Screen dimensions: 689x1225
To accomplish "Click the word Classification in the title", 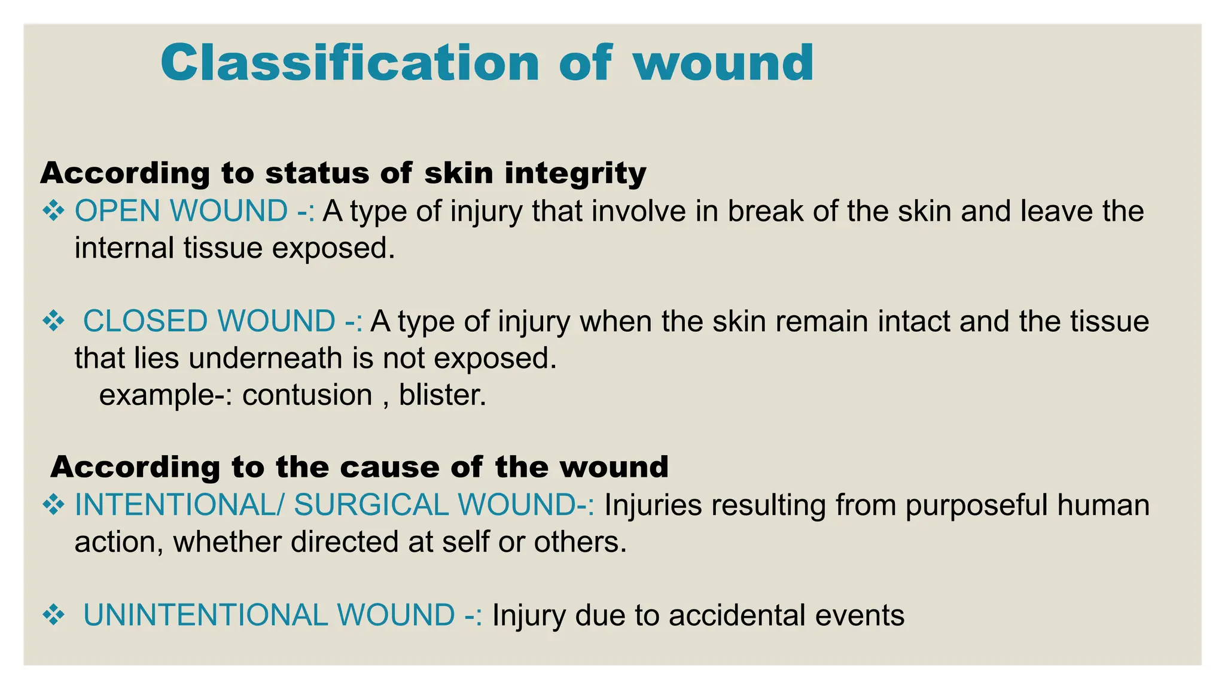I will pos(350,63).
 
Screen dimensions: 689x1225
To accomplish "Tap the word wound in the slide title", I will pos(724,63).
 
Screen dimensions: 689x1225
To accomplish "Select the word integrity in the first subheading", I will pos(575,173).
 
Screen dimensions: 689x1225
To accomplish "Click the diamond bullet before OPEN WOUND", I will pos(54,211).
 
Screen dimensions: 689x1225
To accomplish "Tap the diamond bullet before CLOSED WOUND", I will pos(54,321).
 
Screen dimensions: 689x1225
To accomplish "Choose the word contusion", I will pos(307,395).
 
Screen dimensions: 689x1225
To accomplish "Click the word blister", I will pos(442,395).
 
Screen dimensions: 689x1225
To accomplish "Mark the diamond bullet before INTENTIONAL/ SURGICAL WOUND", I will pos(54,505).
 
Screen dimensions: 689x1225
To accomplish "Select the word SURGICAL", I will pos(371,505).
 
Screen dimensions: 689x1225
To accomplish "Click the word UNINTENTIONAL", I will pos(205,615).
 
